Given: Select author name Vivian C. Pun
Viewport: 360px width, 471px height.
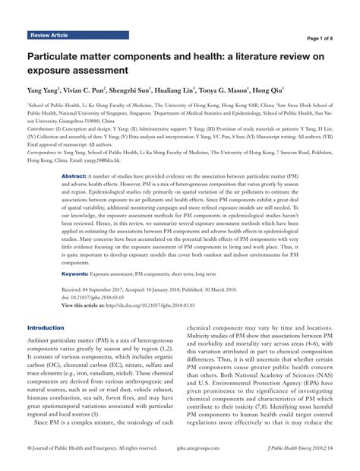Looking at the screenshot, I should (x=98, y=90).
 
